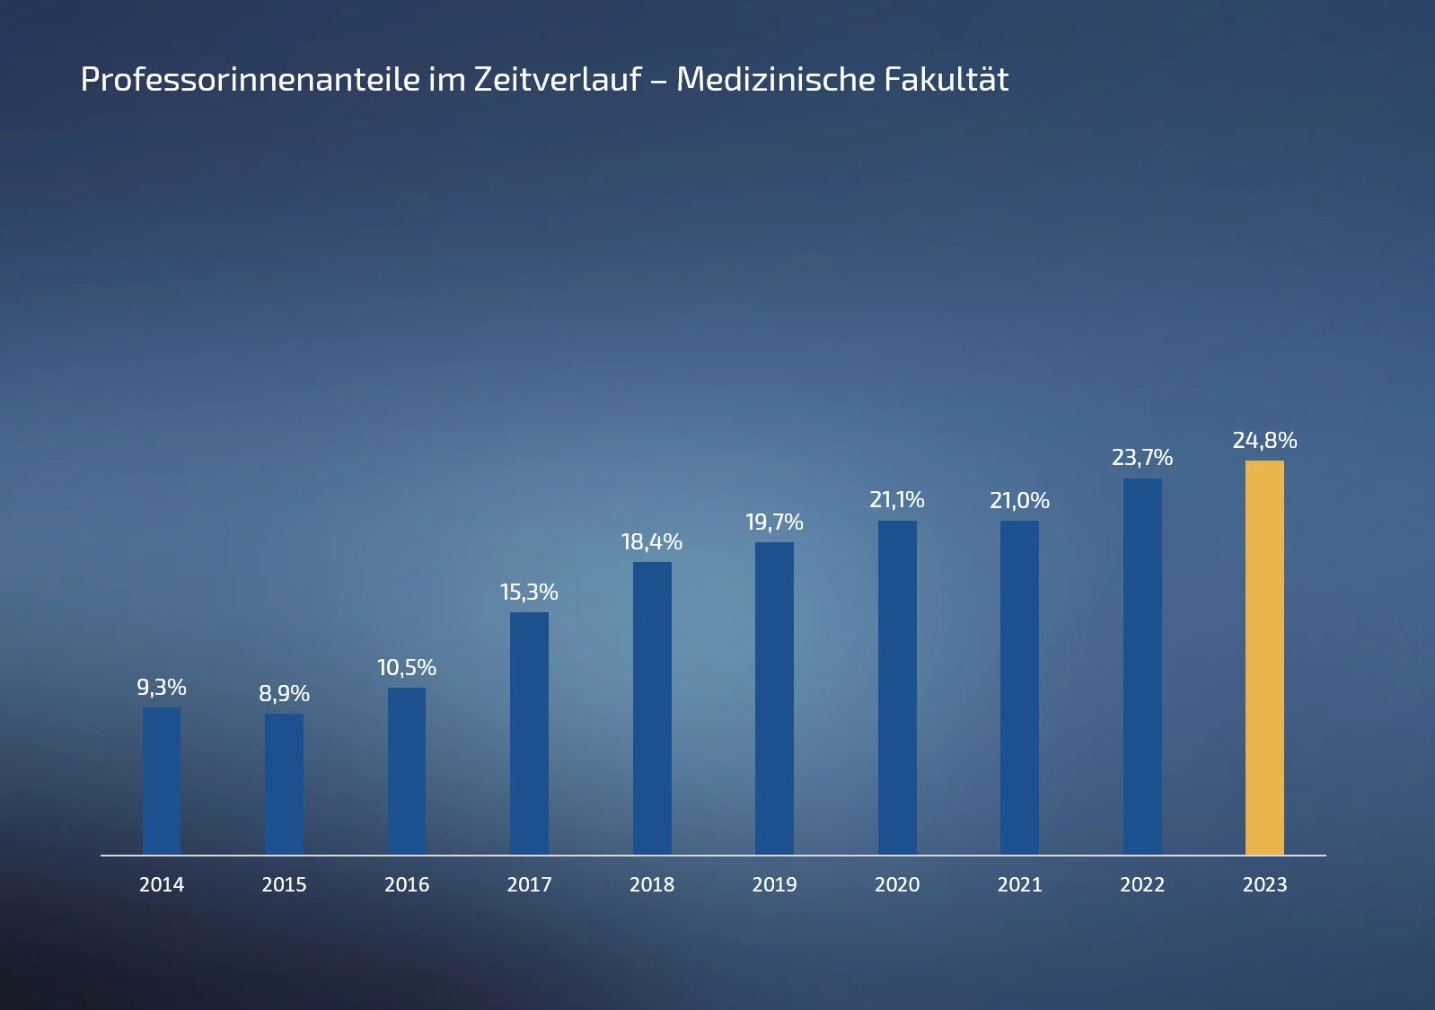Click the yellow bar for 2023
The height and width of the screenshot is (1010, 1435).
coord(1264,657)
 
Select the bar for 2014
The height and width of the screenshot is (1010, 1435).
coord(162,781)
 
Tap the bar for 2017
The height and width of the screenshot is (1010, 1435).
coord(529,733)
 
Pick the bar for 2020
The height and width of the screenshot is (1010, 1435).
coord(897,687)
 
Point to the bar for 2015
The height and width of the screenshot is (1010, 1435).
coord(284,784)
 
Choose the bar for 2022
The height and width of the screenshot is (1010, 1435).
coord(1142,666)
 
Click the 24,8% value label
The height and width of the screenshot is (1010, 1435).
coord(1264,441)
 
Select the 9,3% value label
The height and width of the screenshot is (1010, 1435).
coord(162,688)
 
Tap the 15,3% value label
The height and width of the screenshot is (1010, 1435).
coord(529,593)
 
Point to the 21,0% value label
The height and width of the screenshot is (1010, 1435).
coord(1019,501)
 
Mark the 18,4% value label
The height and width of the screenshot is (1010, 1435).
coord(652,542)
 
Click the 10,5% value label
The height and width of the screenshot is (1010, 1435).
coord(407,668)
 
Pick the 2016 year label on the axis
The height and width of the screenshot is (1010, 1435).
coord(407,885)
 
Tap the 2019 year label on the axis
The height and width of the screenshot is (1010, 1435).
coord(774,885)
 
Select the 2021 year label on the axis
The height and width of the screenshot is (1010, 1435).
coord(1019,885)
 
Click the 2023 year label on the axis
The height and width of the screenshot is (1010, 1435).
coord(1264,885)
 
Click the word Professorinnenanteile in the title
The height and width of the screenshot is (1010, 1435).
coord(251,80)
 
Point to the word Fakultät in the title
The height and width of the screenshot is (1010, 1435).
coord(946,80)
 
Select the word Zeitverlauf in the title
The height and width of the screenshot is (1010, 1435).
coord(558,80)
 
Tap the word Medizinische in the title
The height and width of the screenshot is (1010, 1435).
coord(774,80)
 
